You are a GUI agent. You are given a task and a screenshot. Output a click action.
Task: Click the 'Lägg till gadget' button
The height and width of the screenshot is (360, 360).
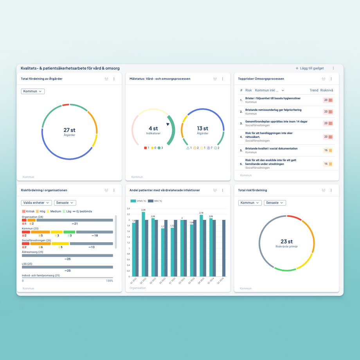[x=310, y=68]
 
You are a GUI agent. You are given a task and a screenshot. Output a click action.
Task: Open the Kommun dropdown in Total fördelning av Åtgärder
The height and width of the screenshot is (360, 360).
[x=33, y=91]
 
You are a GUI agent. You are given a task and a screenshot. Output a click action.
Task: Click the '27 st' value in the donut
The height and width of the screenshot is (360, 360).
[x=69, y=130]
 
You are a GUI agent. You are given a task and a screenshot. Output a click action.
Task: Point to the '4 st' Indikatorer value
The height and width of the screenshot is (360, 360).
[x=153, y=128]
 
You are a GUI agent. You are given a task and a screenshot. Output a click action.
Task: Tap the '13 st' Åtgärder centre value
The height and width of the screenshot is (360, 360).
[x=202, y=128]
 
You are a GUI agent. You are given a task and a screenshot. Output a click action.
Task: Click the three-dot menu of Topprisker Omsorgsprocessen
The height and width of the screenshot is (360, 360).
[x=331, y=79]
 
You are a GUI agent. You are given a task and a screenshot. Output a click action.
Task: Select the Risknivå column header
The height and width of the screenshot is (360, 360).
[x=327, y=90]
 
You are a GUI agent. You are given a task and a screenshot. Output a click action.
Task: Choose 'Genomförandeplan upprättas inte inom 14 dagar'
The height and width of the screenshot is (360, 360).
[x=276, y=122]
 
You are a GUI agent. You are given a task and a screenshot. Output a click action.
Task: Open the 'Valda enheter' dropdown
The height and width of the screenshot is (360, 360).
[x=36, y=203]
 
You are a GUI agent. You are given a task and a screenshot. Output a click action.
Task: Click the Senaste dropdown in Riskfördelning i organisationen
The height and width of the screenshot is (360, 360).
[x=65, y=203]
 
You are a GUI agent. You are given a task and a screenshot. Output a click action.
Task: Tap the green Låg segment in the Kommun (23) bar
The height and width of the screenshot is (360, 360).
[x=69, y=232]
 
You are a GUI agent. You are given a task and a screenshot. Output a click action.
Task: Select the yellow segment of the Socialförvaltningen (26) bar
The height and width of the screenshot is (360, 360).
[x=60, y=243]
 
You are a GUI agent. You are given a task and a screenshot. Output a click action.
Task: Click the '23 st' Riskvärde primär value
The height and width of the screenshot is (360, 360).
[x=287, y=241]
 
